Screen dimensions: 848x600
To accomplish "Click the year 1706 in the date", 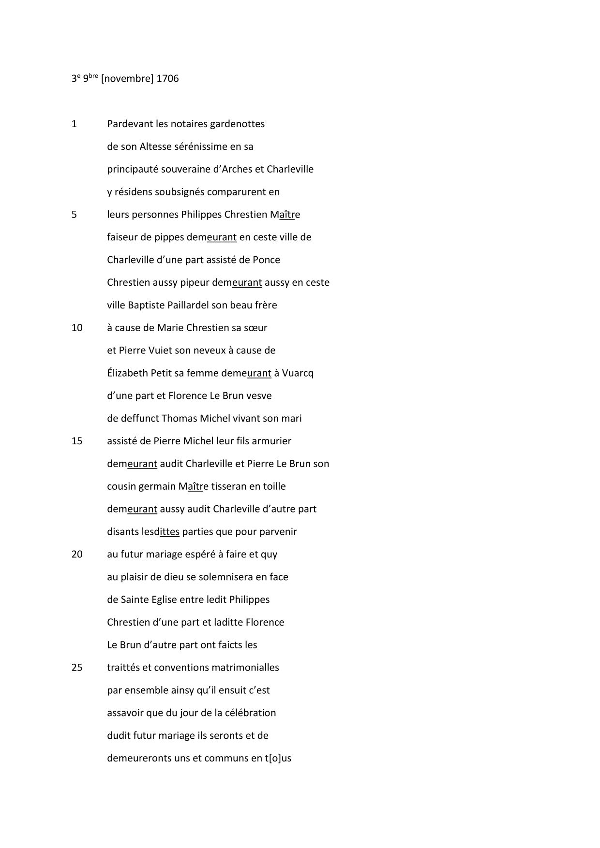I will [x=167, y=78].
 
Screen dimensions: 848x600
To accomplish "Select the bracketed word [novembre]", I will [x=127, y=78].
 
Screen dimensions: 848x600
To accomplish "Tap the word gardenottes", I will [x=238, y=124].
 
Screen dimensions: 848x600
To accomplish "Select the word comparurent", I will [x=240, y=192].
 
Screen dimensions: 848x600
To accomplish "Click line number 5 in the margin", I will [x=74, y=215].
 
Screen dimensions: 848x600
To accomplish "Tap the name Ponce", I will [x=266, y=260].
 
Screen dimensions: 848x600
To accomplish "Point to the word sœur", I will [x=256, y=328].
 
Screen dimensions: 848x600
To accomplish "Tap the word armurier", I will [x=272, y=441].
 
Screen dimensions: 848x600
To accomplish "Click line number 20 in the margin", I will [x=77, y=554].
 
